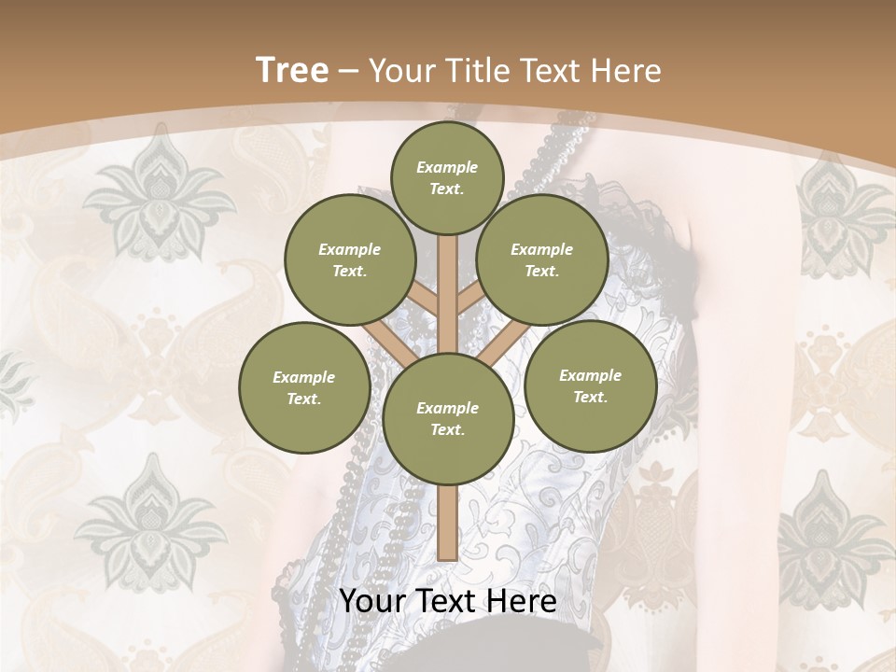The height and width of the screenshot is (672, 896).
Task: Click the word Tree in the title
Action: coord(292,70)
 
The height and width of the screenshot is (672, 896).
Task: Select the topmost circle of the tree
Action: coord(447,177)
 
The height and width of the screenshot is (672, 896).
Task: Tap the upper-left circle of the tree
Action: coord(349,259)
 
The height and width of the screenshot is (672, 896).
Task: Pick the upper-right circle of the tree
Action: coord(542,259)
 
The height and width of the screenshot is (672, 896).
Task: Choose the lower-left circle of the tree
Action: coord(303,387)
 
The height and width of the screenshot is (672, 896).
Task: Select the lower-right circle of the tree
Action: coord(590,385)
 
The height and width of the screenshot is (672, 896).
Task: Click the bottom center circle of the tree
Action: coord(447,418)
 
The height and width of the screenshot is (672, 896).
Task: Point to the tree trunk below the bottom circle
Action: coord(447,523)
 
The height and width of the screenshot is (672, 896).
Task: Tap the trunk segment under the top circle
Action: coord(447,280)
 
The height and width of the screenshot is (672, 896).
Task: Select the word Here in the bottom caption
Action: coord(523,602)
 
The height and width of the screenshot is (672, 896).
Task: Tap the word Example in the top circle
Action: coord(447,167)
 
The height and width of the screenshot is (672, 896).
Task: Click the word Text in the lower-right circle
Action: coord(590,397)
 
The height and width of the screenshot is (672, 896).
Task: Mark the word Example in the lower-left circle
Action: coord(303,377)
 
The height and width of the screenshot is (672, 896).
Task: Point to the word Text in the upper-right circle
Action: coord(542,271)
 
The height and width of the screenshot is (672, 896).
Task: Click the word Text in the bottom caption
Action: coord(446,602)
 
